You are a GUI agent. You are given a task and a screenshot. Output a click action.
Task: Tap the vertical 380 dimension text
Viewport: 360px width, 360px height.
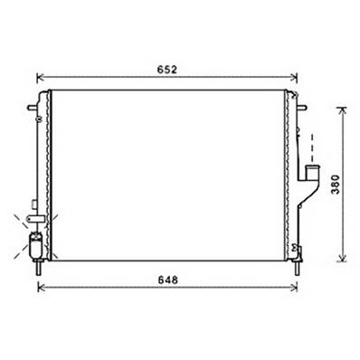click(335, 185)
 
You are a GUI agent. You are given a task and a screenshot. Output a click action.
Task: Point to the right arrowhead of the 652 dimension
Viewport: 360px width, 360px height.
click(298, 76)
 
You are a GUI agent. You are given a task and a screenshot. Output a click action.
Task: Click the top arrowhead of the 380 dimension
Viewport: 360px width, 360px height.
click(341, 111)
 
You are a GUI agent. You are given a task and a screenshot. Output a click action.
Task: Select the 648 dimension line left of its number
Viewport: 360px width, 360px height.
click(99, 288)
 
